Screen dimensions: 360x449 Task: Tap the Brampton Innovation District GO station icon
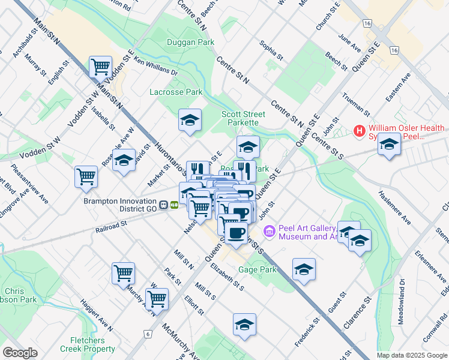tap(174, 205)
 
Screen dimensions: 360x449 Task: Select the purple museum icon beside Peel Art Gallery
tap(270, 230)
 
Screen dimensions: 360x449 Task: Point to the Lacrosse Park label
tap(176, 92)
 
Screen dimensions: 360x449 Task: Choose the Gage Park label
tap(258, 270)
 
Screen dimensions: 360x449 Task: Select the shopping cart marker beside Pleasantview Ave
tap(86, 176)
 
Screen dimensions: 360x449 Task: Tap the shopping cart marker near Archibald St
tap(100, 67)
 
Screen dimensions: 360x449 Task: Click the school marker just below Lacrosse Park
tap(189, 120)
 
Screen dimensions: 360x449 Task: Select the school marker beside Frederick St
tap(304, 269)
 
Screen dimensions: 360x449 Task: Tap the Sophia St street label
tap(271, 50)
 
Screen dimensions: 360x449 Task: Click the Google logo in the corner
tap(20, 352)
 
